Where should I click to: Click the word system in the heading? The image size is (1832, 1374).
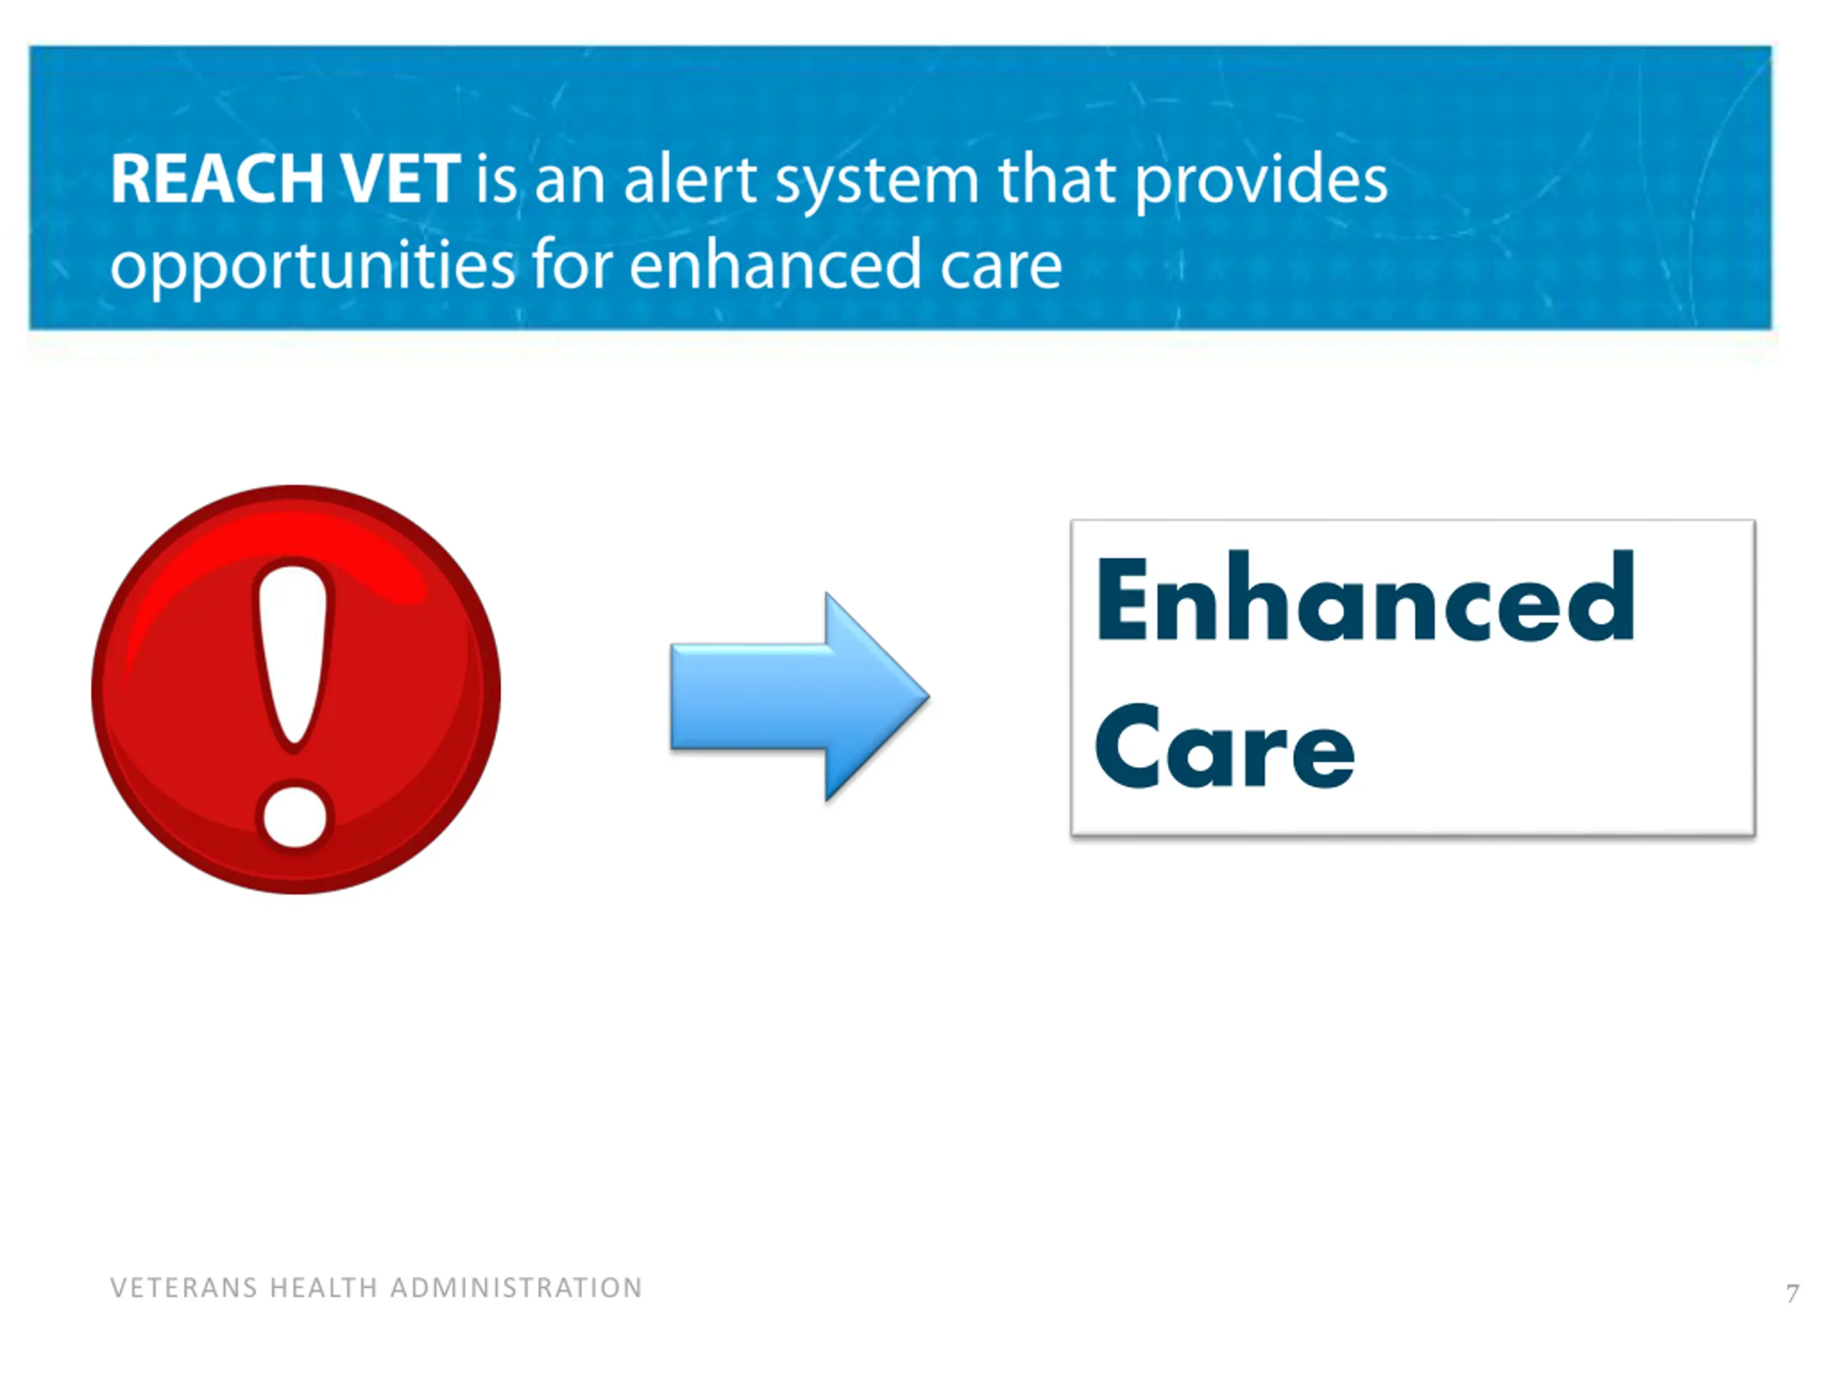click(876, 183)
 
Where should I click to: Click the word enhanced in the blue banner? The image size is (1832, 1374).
click(775, 263)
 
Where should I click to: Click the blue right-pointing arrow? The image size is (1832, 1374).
click(799, 696)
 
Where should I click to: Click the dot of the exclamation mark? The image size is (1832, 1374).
click(294, 816)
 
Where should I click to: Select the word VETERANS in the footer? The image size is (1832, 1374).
click(184, 1288)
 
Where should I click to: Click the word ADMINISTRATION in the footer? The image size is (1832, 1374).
click(516, 1288)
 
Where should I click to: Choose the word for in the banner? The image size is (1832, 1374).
click(572, 263)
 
